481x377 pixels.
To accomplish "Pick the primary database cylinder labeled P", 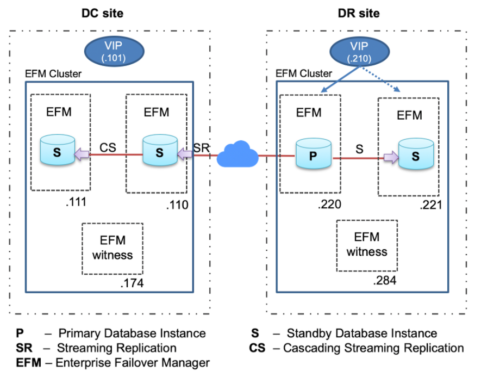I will point(313,154).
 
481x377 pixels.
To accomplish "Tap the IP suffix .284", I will point(385,281).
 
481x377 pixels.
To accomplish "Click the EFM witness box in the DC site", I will point(112,248).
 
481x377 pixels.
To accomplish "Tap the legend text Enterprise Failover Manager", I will point(134,362).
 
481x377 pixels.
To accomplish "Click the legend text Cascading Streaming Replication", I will point(373,348).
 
